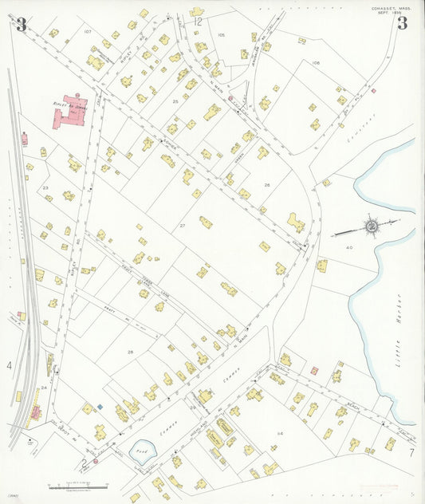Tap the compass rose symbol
click(371, 226)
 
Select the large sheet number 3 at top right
click(402, 22)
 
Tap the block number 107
click(88, 32)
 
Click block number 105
click(222, 35)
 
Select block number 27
click(182, 226)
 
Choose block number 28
click(130, 352)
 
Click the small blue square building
click(100, 407)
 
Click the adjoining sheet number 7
click(411, 453)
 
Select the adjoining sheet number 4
click(10, 366)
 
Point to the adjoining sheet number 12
click(198, 22)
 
